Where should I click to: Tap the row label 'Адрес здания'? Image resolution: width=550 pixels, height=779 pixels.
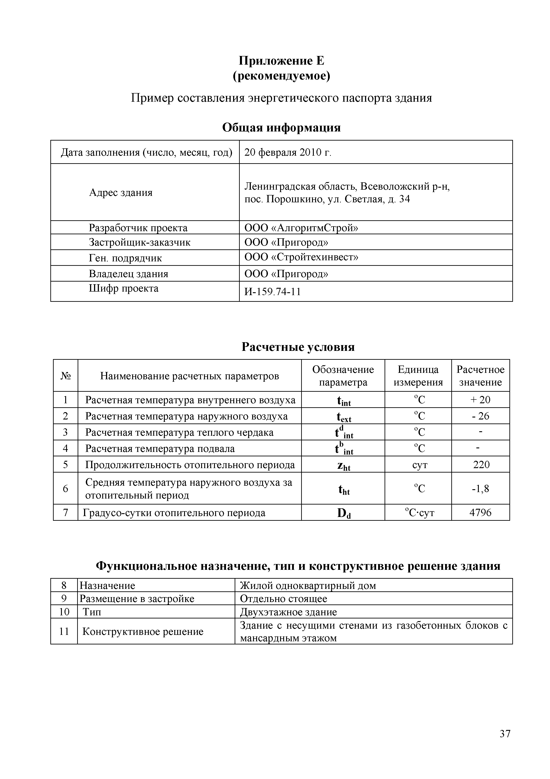(x=121, y=193)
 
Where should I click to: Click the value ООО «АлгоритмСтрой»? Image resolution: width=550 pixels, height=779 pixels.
(x=301, y=228)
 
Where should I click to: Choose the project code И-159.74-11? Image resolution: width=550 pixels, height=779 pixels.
(x=273, y=292)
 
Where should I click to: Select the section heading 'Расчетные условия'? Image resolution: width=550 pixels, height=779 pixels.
(x=298, y=347)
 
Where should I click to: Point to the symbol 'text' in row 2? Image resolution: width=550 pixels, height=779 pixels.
(x=344, y=417)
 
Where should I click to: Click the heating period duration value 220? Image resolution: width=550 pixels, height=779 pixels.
(x=481, y=465)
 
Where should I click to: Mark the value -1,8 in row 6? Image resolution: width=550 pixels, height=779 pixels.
(x=481, y=489)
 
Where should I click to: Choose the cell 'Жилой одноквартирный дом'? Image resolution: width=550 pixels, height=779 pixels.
(x=308, y=586)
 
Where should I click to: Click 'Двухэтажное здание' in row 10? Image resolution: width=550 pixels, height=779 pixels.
(x=288, y=612)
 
